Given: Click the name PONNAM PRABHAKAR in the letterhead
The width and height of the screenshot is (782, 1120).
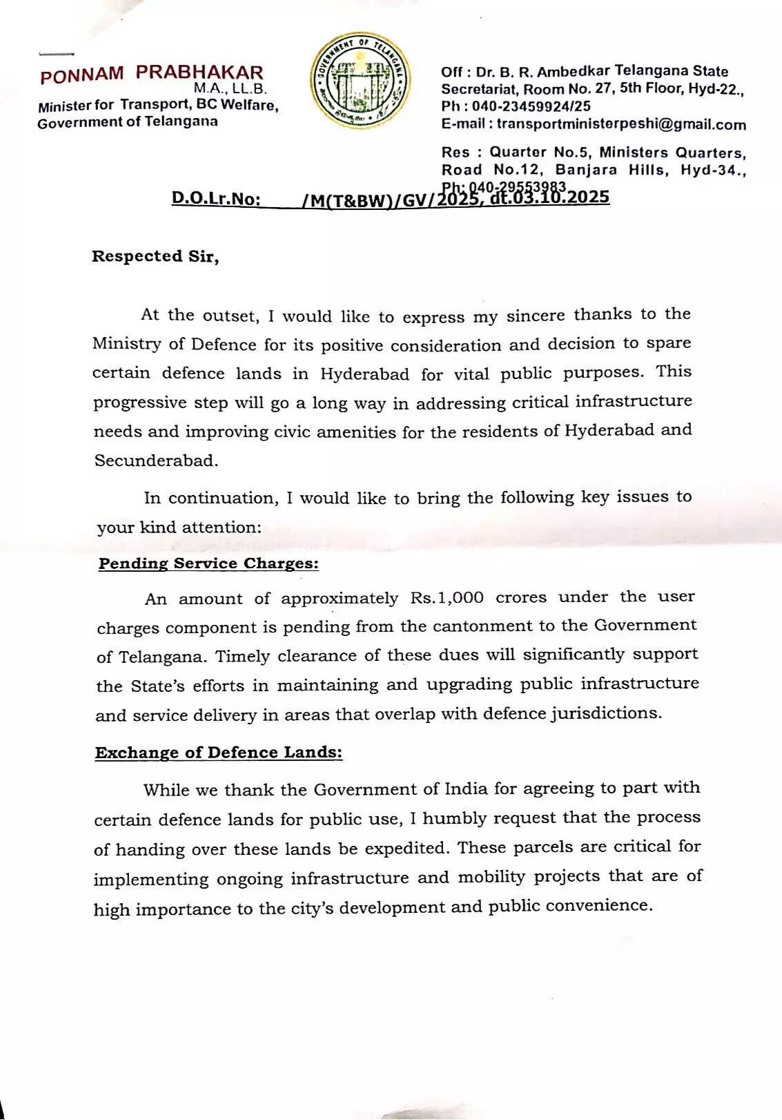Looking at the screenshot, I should (x=152, y=74).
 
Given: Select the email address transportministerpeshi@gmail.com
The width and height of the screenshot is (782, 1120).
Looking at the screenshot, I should (x=621, y=125).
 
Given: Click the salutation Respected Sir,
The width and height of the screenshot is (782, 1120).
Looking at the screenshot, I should (x=155, y=256).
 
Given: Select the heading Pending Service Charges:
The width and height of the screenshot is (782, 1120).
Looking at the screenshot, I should (x=208, y=563).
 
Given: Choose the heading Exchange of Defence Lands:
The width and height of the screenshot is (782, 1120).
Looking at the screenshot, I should (x=219, y=753).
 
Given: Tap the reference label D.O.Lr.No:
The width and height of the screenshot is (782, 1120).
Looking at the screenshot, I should (x=216, y=200).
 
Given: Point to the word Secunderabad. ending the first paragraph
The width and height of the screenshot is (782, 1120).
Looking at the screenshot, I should (x=157, y=461).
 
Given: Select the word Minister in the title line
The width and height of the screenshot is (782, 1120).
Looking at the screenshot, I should (x=66, y=106).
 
